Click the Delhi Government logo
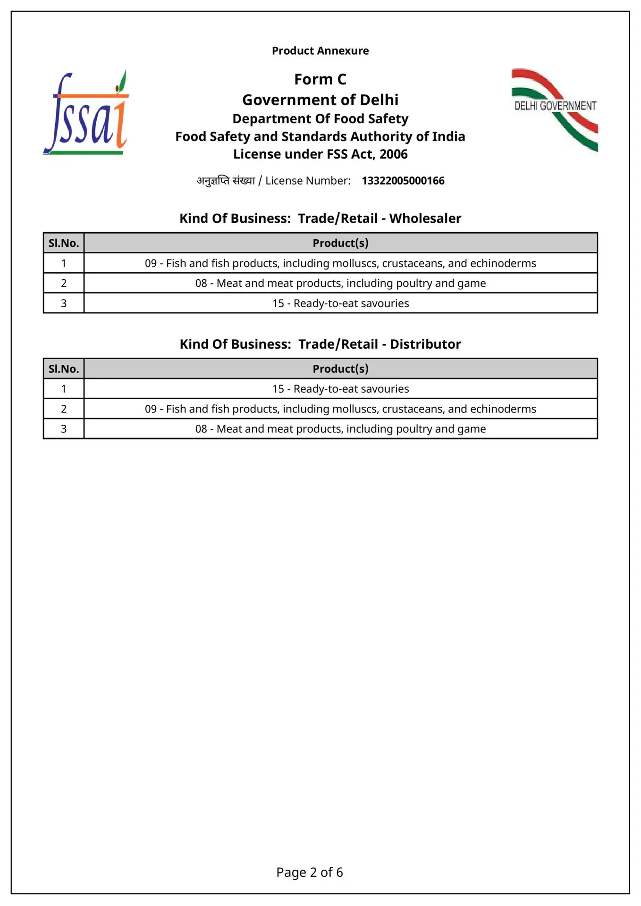[555, 109]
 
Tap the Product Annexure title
[320, 50]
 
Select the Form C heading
[320, 79]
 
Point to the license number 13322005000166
[403, 181]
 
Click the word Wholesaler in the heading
[425, 218]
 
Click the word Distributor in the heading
[425, 344]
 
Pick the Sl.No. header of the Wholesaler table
[64, 243]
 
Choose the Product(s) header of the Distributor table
[340, 369]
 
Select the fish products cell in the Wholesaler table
[340, 263]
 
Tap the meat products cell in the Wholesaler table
[340, 283]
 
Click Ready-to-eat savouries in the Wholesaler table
[340, 303]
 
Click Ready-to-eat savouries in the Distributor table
[340, 389]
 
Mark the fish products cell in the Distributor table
[340, 409]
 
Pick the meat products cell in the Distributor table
[340, 429]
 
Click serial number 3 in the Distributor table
[64, 429]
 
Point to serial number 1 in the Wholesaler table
[64, 263]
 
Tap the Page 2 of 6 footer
[310, 872]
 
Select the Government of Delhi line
[320, 100]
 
